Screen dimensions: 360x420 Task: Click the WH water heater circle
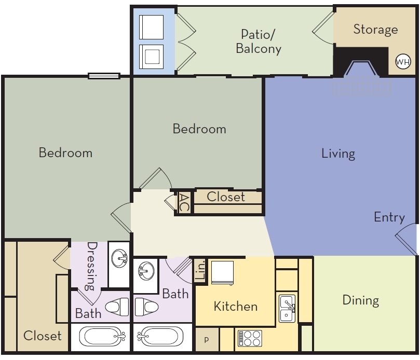click(x=403, y=62)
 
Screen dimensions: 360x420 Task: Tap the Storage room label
click(x=375, y=29)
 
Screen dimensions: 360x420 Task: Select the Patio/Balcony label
click(x=259, y=41)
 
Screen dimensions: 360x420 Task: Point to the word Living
click(x=338, y=154)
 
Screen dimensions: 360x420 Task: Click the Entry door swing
click(x=406, y=239)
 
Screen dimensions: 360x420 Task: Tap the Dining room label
click(x=360, y=300)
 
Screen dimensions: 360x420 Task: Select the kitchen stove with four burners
click(x=249, y=338)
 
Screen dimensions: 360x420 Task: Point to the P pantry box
click(x=206, y=340)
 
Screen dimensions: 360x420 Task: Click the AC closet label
click(x=184, y=202)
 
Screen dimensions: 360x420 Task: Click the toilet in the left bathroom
click(x=117, y=307)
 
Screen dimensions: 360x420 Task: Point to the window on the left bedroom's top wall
click(x=104, y=76)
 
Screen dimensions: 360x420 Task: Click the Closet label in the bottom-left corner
click(x=43, y=336)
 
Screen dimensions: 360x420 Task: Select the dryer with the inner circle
click(x=152, y=56)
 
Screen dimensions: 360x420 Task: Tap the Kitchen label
click(x=236, y=306)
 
